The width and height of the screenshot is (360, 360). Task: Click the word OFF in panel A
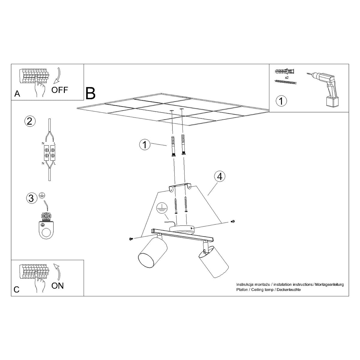(60, 89)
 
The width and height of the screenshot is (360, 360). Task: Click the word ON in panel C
(58, 285)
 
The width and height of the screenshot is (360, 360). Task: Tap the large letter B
(90, 93)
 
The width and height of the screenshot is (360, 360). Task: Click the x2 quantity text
(286, 77)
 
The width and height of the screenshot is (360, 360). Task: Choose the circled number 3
(31, 198)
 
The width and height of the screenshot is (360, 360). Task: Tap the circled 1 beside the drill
(281, 101)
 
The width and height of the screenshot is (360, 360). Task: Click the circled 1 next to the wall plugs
(145, 145)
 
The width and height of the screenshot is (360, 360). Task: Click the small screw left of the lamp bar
(131, 239)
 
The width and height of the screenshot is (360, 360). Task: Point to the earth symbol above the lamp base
(162, 208)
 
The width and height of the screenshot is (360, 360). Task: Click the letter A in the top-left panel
(17, 94)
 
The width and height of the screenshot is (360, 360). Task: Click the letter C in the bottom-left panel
(17, 289)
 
